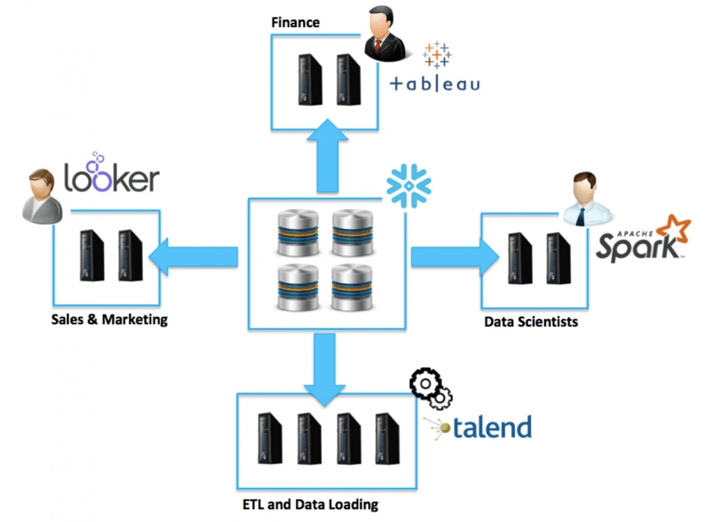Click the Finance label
pos(295,23)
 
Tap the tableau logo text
pos(435,84)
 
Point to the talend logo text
pos(491,427)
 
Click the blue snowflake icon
pos(408,186)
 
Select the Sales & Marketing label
pos(109,319)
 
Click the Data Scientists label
pos(531,322)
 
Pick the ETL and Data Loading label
pos(310,505)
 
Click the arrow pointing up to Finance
pos(328,158)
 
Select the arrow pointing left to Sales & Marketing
pos(195,256)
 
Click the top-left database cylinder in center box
pos(298,232)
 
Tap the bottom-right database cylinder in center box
pos(352,287)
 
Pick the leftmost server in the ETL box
pos(270,438)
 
